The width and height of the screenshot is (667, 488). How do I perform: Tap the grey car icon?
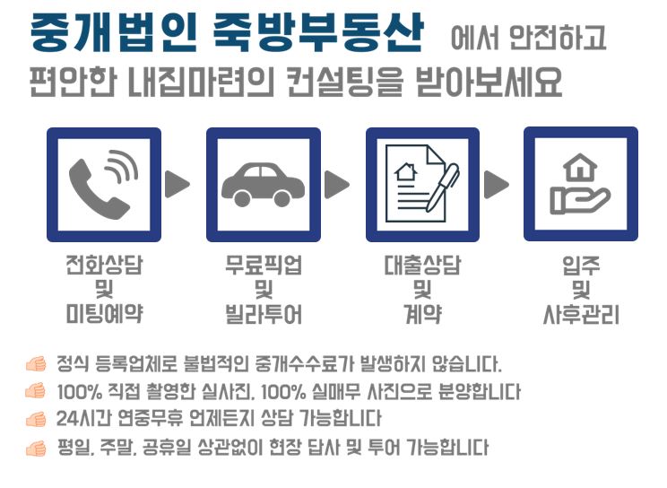point(263,185)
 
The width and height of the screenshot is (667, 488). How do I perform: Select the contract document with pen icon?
point(422,184)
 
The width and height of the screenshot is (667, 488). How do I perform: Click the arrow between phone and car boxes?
point(177,184)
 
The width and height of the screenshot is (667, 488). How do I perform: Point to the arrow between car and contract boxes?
point(336,185)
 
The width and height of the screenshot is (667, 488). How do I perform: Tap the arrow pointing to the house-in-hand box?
point(496,185)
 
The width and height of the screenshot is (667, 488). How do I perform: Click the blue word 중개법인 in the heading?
point(113,32)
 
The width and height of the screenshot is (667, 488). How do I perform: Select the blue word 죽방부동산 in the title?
point(317,32)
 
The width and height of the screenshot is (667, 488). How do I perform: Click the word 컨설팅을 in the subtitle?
point(343,82)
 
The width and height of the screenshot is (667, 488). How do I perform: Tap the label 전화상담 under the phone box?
point(104,265)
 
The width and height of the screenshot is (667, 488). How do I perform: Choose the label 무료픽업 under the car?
point(264,265)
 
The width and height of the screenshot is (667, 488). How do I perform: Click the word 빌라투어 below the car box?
point(264,314)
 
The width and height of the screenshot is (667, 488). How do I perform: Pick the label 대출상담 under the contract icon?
point(422,265)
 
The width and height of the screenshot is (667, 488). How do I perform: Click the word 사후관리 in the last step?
point(581,315)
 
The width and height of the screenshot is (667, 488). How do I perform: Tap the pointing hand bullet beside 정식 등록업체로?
point(36,364)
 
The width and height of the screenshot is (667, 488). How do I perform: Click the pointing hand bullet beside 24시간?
point(36,420)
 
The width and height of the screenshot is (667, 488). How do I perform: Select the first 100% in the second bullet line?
point(79,392)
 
